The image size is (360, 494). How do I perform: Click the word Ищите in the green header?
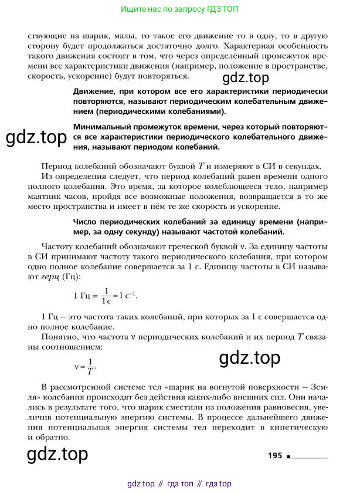(x=132, y=9)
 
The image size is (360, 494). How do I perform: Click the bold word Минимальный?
(x=104, y=127)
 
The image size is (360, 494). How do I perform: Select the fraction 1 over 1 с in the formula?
(x=106, y=296)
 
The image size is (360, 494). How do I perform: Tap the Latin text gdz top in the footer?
(x=141, y=483)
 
